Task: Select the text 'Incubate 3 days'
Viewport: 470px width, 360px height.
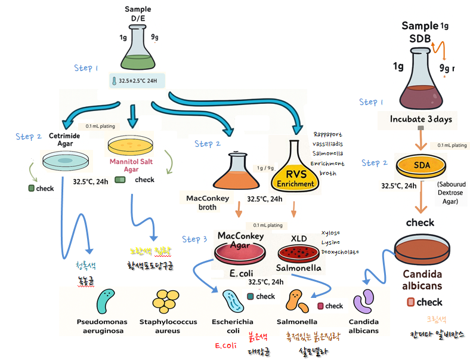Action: coord(420,119)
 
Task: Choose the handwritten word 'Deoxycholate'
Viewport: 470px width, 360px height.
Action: coord(340,252)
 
